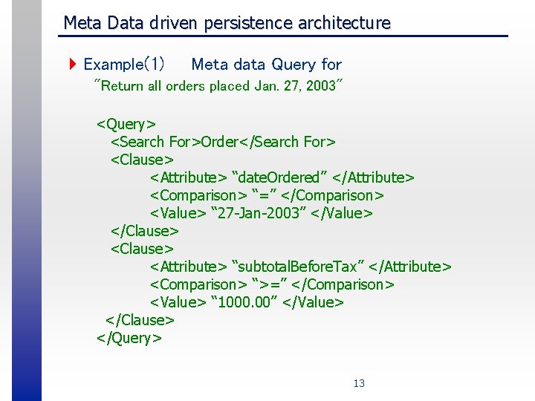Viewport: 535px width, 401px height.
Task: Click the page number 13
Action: [x=359, y=383]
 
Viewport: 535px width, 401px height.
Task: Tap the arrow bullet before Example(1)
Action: [x=72, y=65]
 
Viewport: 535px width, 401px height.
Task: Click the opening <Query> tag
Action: [x=126, y=123]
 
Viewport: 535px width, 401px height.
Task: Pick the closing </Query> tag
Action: [x=129, y=338]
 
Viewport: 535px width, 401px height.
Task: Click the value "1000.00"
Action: [x=244, y=302]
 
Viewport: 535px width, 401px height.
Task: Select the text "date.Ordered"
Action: [x=279, y=177]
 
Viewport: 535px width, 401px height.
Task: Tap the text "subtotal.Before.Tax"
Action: [x=298, y=267]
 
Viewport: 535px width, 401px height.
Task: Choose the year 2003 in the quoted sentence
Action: [x=322, y=86]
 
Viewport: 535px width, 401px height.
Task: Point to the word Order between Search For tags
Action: [x=219, y=141]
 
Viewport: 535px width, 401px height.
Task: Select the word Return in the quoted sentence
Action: [x=122, y=86]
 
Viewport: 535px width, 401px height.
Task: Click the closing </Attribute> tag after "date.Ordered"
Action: [x=374, y=177]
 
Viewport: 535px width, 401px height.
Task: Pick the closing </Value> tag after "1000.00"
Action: [x=313, y=302]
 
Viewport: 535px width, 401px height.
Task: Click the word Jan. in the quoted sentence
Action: [x=266, y=86]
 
